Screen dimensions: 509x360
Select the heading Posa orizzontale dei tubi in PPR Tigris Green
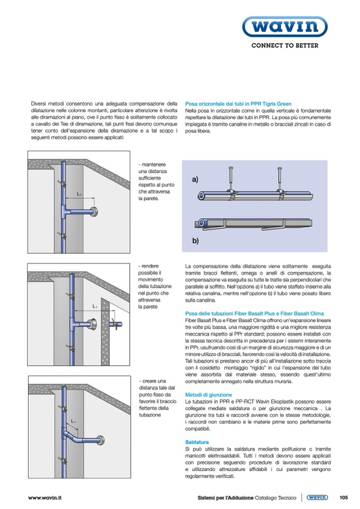click(238, 103)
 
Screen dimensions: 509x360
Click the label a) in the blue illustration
click(195, 180)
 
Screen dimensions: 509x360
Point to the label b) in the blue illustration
click(195, 240)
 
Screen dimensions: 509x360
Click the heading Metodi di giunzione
click(208, 395)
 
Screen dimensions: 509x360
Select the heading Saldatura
click(197, 442)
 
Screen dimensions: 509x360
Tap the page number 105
click(343, 497)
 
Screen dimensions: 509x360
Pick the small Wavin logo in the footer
click(317, 497)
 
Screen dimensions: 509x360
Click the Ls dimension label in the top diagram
click(79, 194)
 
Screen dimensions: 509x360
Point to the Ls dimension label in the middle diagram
click(95, 306)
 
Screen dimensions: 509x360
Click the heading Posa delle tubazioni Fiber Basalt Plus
click(254, 313)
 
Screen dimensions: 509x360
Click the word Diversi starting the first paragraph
click(39, 103)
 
